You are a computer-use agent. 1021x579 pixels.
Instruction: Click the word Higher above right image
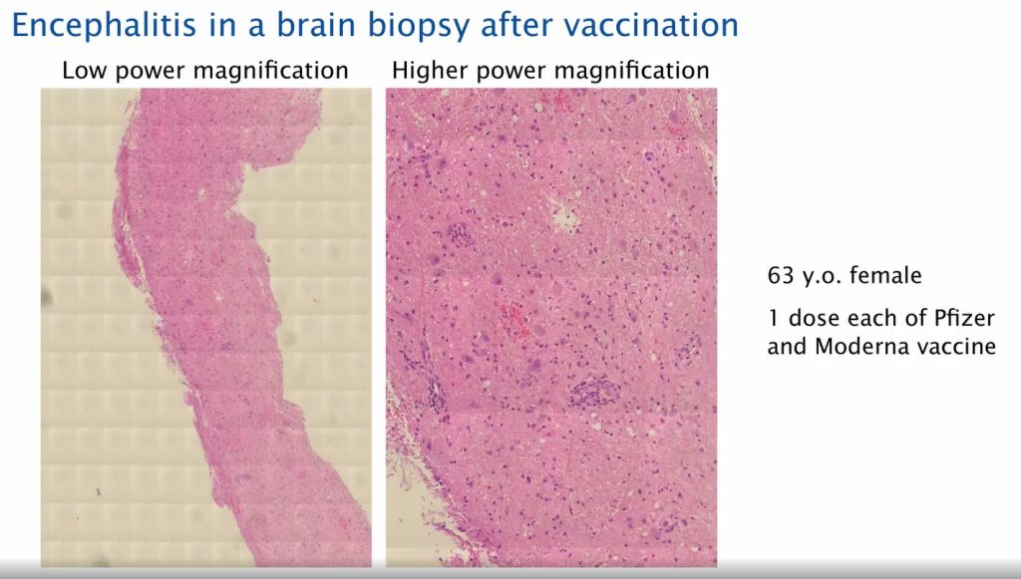(x=427, y=71)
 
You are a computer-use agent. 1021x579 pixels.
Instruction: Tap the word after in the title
(x=500, y=24)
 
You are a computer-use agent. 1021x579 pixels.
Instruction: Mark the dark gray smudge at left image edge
(x=46, y=296)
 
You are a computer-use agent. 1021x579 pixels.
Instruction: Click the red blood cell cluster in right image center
(x=511, y=318)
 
